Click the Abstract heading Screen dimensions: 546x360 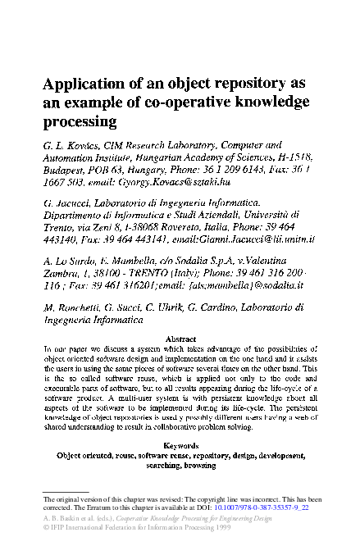[x=180, y=338]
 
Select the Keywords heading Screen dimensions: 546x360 [x=180, y=445]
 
